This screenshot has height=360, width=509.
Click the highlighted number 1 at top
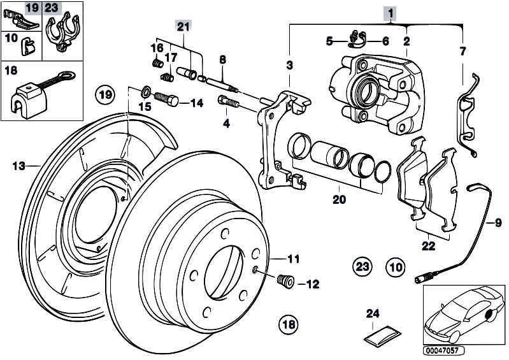click(x=389, y=12)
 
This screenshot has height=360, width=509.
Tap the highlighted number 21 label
click(x=183, y=26)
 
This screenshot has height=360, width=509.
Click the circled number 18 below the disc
click(x=289, y=324)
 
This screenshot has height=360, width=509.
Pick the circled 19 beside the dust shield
click(x=106, y=95)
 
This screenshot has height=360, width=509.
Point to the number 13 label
click(x=19, y=166)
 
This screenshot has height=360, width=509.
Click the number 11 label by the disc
click(x=292, y=259)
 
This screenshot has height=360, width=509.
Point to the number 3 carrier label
click(x=289, y=65)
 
